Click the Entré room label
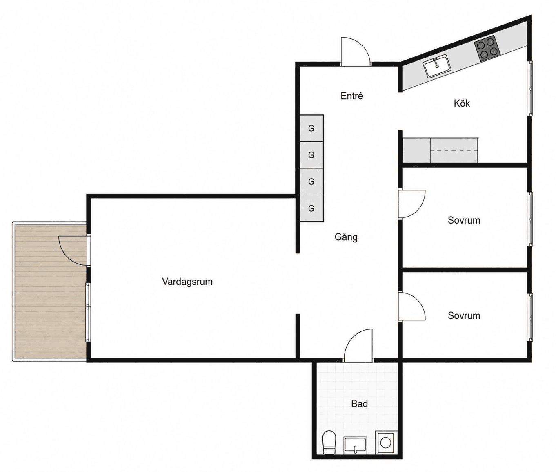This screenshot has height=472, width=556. [351, 96]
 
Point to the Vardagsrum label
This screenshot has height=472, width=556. [187, 282]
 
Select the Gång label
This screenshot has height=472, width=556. [346, 237]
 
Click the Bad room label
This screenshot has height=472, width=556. [359, 411]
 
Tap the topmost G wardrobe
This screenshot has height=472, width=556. [312, 128]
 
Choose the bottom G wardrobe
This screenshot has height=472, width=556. [312, 208]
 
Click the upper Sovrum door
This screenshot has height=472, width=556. [412, 204]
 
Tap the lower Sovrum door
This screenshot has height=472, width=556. [412, 306]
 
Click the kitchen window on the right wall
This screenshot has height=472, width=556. [530, 88]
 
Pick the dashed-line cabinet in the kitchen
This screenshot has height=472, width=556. [454, 150]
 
